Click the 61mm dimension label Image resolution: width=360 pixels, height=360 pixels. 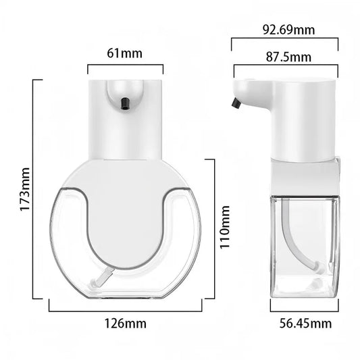pos(125,53)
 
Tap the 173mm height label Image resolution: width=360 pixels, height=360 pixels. pos(24,190)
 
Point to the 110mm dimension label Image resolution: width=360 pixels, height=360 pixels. pos(226,229)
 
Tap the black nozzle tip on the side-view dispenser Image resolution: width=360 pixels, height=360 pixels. pos(236,103)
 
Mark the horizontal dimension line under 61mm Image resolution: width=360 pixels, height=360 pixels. pos(125,66)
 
